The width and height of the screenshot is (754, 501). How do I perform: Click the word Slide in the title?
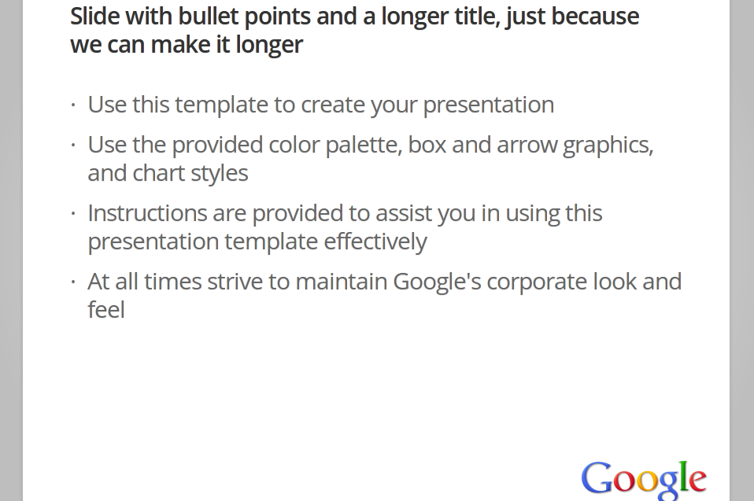[x=94, y=17]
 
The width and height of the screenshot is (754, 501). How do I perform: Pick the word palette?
[x=364, y=145]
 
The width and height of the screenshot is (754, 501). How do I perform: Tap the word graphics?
[x=608, y=146]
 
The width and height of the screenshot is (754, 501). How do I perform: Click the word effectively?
[x=375, y=241]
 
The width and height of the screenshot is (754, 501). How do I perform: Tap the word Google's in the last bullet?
[x=437, y=282]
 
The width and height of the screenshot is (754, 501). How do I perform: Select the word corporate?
[x=537, y=282]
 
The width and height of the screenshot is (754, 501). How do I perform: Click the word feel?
[x=106, y=310]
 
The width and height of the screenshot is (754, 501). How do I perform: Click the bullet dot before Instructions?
[x=73, y=213]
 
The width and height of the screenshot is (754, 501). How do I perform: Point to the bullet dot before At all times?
[x=73, y=282]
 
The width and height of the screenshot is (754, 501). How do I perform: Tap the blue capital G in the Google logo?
[x=597, y=478]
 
